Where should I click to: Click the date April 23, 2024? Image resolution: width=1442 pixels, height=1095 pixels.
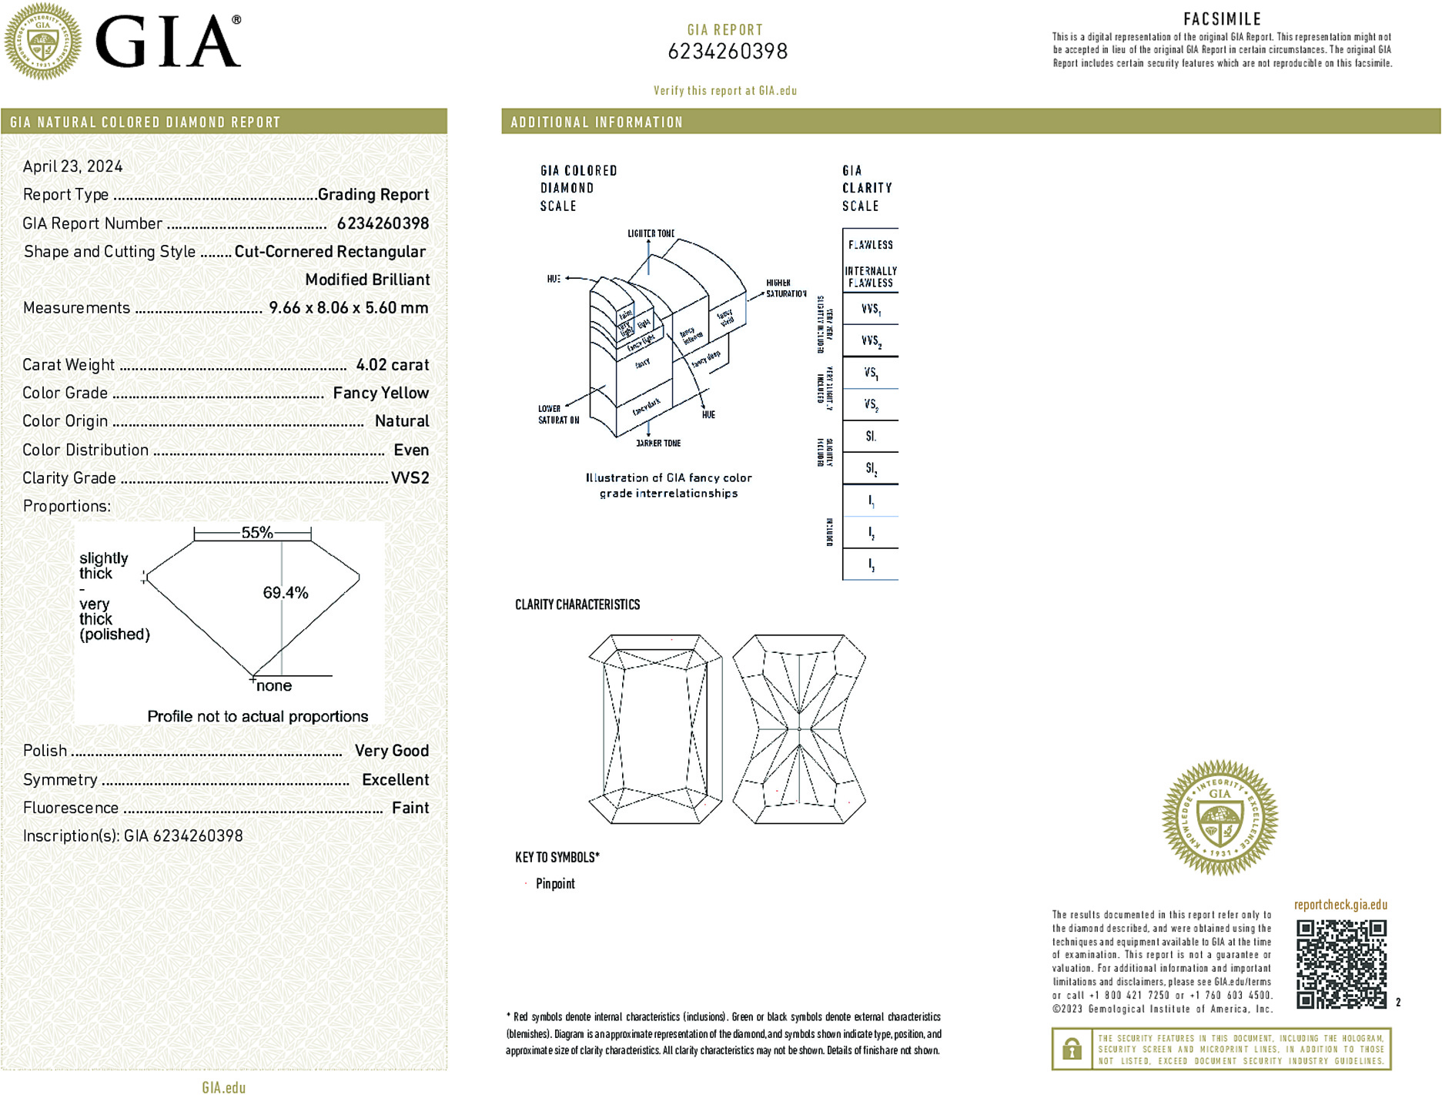[x=72, y=166]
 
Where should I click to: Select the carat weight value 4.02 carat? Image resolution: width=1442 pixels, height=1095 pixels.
[x=392, y=365]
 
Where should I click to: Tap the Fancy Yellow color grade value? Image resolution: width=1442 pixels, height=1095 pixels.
[x=380, y=393]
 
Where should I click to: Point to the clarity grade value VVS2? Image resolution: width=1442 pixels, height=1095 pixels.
[x=410, y=478]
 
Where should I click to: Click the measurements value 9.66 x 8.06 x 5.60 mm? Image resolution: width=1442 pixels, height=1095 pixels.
[x=348, y=308]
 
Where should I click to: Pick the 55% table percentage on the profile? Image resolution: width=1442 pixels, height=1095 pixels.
[x=257, y=532]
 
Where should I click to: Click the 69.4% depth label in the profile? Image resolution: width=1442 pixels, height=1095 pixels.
[x=286, y=593]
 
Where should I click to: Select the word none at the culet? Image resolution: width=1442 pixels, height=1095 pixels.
[x=274, y=686]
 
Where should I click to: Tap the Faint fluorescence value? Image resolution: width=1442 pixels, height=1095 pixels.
[x=410, y=808]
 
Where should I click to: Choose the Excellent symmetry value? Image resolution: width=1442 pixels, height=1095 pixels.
[x=395, y=779]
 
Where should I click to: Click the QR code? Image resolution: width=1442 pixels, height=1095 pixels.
[x=1340, y=964]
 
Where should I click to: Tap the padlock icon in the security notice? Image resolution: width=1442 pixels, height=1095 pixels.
[x=1071, y=1049]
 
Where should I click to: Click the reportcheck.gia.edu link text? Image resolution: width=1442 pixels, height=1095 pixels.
[x=1340, y=905]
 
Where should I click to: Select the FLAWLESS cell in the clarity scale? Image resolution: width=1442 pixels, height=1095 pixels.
[x=871, y=245]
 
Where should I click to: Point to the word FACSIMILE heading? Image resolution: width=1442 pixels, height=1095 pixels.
[x=1222, y=19]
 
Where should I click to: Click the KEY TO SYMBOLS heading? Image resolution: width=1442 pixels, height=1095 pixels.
[x=557, y=857]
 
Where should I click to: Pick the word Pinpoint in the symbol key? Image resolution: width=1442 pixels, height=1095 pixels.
[x=555, y=884]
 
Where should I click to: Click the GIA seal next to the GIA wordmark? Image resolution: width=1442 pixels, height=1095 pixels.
[x=43, y=42]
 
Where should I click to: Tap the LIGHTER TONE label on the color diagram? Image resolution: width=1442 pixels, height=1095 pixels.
[x=651, y=233]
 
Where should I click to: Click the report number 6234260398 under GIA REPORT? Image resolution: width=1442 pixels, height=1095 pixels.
[x=728, y=52]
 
